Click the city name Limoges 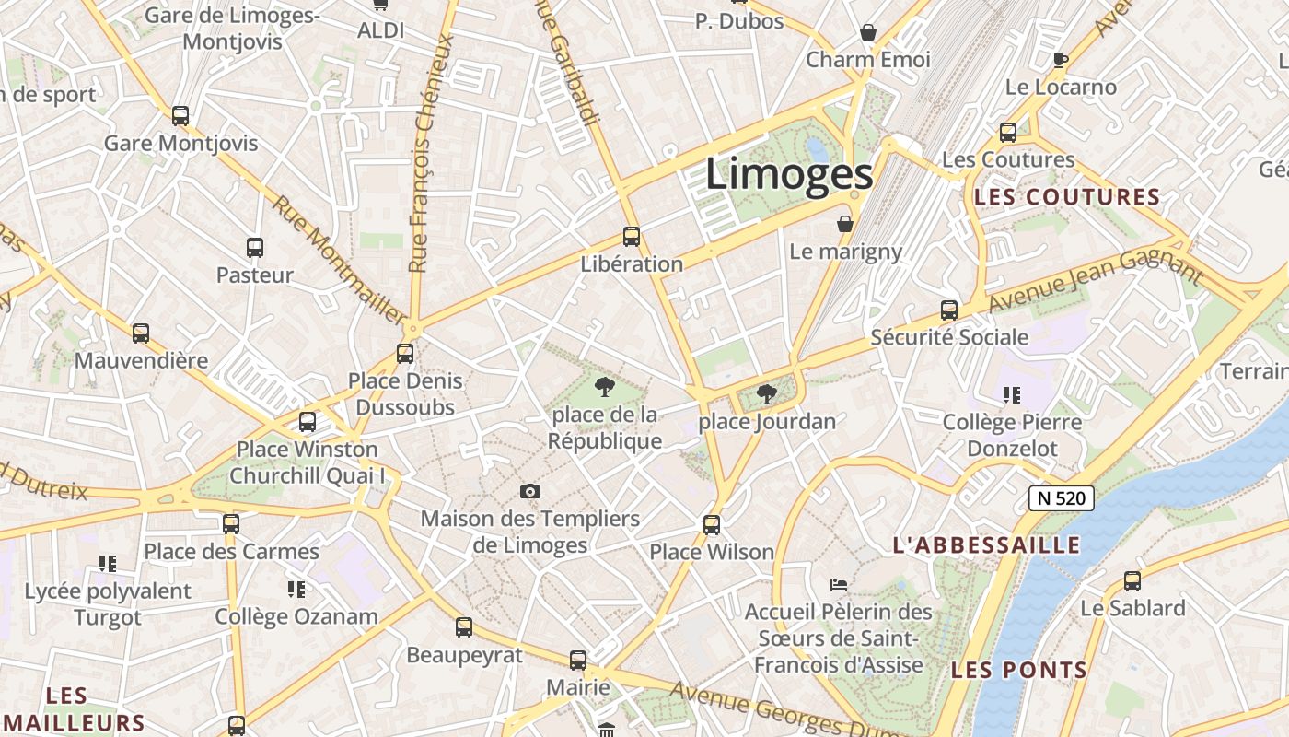click(789, 174)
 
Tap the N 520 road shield click(1061, 498)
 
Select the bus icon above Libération click(631, 237)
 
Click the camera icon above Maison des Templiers click(529, 492)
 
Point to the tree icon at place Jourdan click(765, 395)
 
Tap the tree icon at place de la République click(604, 387)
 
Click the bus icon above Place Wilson click(712, 525)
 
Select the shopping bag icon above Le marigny click(845, 224)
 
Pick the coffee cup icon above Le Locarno click(1061, 61)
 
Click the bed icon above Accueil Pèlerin click(838, 584)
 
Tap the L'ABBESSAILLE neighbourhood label click(987, 544)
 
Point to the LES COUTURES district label click(1067, 196)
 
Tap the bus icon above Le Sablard click(1132, 581)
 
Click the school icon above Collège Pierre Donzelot click(1012, 395)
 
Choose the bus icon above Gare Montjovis click(180, 116)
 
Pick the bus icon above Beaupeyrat click(464, 627)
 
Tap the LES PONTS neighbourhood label click(1019, 670)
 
